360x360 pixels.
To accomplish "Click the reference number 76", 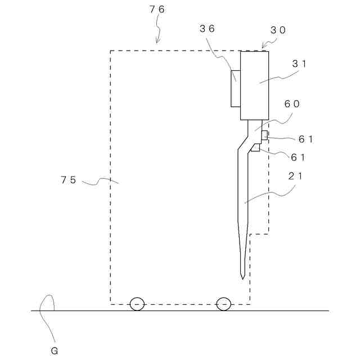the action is pyautogui.click(x=157, y=10).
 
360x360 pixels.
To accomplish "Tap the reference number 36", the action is pyautogui.click(x=207, y=29).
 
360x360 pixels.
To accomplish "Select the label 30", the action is pyautogui.click(x=278, y=30).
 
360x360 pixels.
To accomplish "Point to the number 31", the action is pyautogui.click(x=299, y=64).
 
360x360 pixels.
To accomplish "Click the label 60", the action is pyautogui.click(x=292, y=103).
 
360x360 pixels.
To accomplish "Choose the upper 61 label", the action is pyautogui.click(x=305, y=139).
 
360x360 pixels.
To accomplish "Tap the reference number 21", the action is pyautogui.click(x=296, y=176).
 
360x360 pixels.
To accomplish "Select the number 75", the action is pyautogui.click(x=68, y=180).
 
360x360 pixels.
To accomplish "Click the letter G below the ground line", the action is pyautogui.click(x=54, y=351).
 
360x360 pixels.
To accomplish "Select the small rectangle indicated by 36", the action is pyautogui.click(x=235, y=88).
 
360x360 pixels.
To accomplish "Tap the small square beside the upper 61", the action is pyautogui.click(x=264, y=134).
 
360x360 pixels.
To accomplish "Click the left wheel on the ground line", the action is pyautogui.click(x=137, y=304).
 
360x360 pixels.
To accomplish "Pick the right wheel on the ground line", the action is pyautogui.click(x=223, y=304).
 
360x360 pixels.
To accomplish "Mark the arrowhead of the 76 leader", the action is pyautogui.click(x=158, y=42).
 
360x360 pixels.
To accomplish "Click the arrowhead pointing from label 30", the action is pyautogui.click(x=263, y=46).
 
